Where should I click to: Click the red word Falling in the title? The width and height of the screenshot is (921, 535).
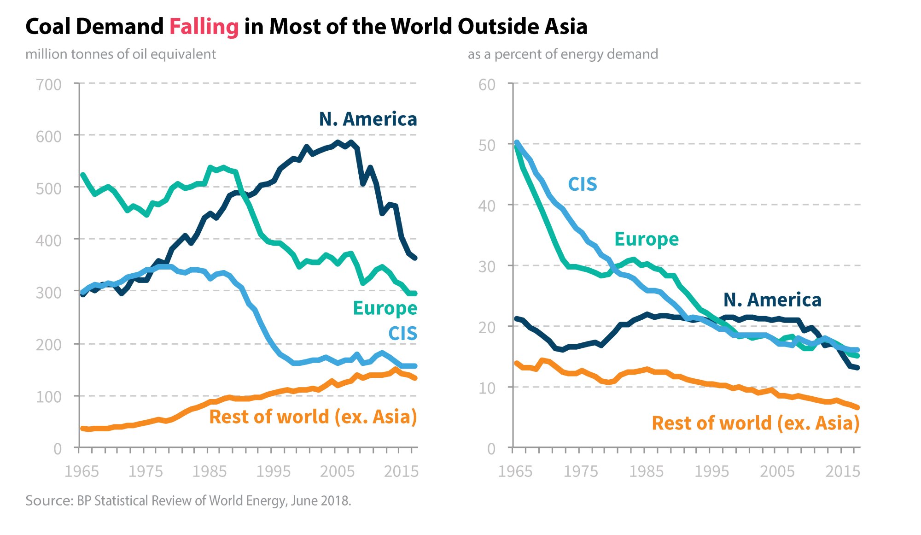pyautogui.click(x=204, y=27)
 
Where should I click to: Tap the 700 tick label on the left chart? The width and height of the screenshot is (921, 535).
pyautogui.click(x=48, y=85)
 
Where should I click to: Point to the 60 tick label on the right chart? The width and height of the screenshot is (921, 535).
pyautogui.click(x=487, y=85)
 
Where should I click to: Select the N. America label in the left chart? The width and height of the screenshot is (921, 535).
pyautogui.click(x=368, y=119)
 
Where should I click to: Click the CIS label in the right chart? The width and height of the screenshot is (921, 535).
pyautogui.click(x=583, y=184)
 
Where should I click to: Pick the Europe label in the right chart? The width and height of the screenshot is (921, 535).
pyautogui.click(x=647, y=239)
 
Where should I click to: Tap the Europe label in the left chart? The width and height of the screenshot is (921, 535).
pyautogui.click(x=385, y=308)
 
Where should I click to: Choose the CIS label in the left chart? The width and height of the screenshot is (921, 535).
pyautogui.click(x=402, y=334)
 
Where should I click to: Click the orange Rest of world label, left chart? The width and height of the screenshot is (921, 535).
pyautogui.click(x=313, y=417)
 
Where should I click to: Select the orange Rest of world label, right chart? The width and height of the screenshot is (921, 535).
pyautogui.click(x=756, y=423)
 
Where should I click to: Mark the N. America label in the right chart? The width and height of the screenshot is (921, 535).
pyautogui.click(x=772, y=300)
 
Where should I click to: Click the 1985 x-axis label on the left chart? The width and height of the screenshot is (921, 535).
pyautogui.click(x=210, y=471)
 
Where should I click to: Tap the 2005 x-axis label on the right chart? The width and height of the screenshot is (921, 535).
pyautogui.click(x=777, y=471)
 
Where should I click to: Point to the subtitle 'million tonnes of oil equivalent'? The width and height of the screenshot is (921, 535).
pyautogui.click(x=121, y=54)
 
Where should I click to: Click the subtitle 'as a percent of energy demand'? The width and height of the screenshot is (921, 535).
pyautogui.click(x=563, y=54)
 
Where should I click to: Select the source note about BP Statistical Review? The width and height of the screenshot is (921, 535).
pyautogui.click(x=188, y=500)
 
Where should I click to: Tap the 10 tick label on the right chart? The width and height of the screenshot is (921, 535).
pyautogui.click(x=487, y=388)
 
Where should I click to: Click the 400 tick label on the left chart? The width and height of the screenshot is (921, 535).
pyautogui.click(x=48, y=241)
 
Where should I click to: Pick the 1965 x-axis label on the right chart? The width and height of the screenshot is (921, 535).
pyautogui.click(x=515, y=471)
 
